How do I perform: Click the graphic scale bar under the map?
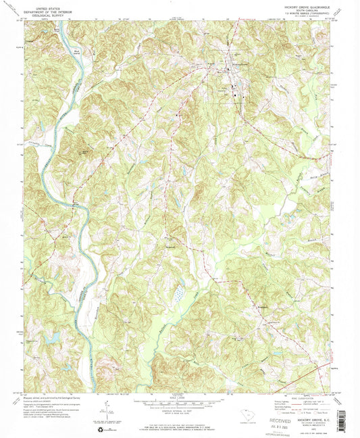[179, 403]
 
